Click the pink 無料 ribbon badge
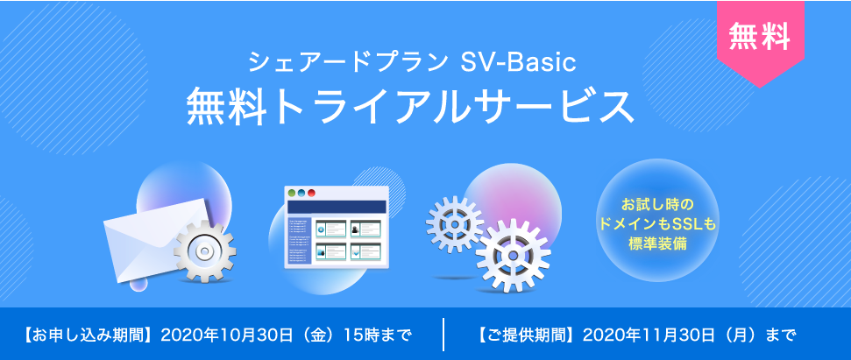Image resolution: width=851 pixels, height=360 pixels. (759, 37)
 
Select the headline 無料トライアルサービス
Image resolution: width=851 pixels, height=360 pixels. (409, 107)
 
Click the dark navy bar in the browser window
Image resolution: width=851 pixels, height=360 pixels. (337, 208)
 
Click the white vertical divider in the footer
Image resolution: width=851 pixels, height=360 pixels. (444, 334)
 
